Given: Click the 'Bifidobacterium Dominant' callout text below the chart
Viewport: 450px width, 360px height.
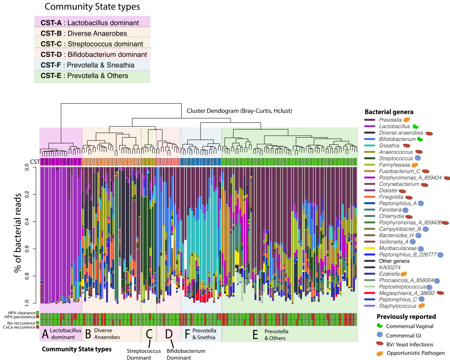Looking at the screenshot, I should point(186,354).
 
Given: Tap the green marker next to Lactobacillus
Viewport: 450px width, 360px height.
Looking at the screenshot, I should point(415,127).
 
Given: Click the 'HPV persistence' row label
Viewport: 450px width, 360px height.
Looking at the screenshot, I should point(19,317).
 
